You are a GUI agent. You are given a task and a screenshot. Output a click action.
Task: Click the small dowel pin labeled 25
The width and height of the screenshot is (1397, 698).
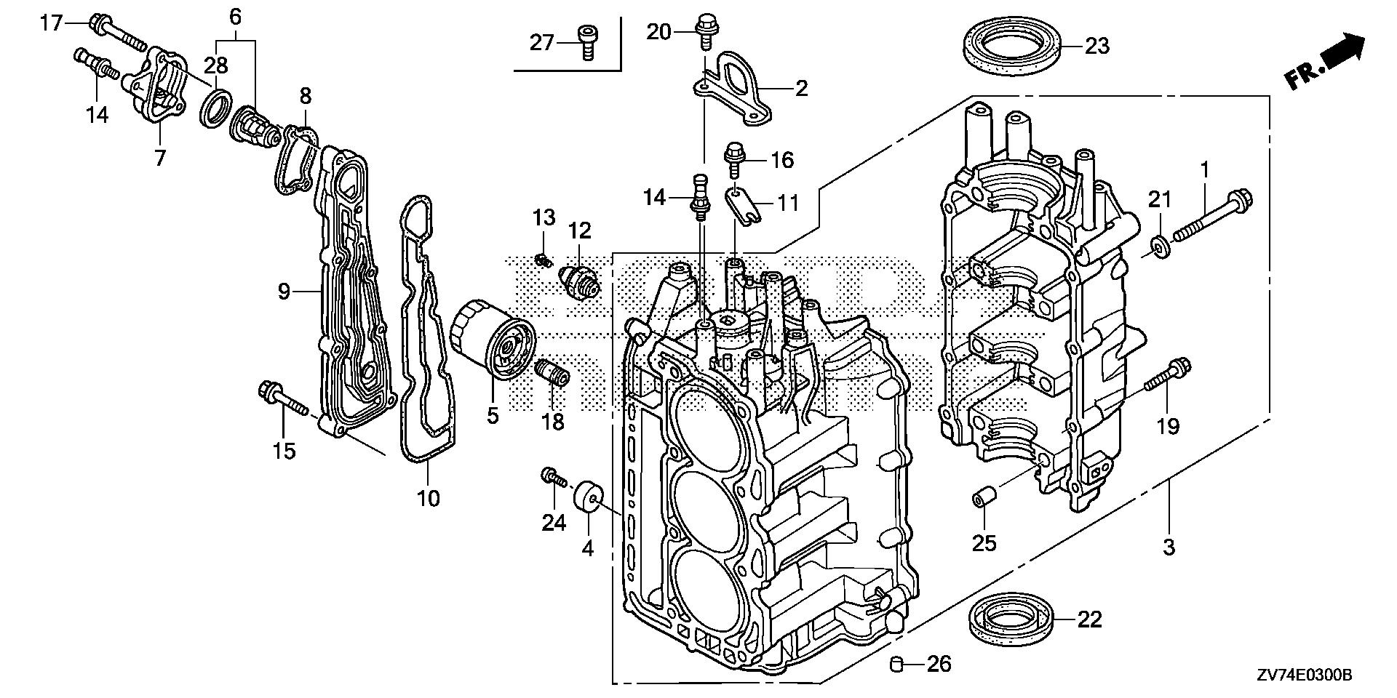[x=982, y=502]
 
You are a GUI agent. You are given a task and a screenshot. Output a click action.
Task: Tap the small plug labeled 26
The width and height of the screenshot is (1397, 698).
[x=897, y=663]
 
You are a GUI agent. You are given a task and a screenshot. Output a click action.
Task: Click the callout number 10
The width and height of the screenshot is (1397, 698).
[x=429, y=499]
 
